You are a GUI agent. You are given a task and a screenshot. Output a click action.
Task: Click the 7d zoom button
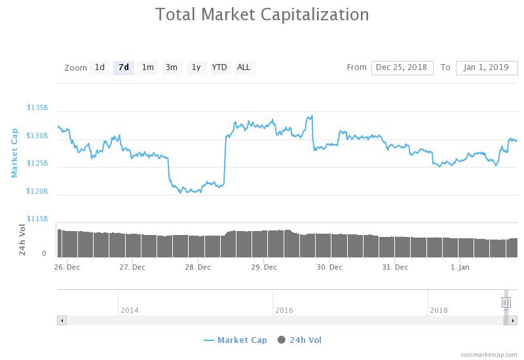(124, 68)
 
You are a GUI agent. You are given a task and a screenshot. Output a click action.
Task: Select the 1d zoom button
(100, 68)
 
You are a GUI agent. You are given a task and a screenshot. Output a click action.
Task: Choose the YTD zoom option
(219, 68)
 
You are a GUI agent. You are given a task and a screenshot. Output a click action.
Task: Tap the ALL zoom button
(244, 68)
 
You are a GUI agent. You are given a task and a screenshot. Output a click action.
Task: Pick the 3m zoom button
(172, 68)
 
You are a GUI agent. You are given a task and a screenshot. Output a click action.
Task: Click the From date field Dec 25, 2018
(402, 68)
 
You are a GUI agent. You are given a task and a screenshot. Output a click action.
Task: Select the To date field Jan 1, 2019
(487, 68)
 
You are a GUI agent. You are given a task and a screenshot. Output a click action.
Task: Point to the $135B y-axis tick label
(37, 107)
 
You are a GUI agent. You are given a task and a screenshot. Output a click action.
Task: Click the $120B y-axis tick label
(37, 191)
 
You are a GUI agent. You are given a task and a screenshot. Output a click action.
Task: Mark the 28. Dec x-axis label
(198, 267)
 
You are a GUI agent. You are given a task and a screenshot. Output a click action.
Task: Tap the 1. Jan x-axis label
(460, 267)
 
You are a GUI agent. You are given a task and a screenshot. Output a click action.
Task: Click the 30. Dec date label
(329, 267)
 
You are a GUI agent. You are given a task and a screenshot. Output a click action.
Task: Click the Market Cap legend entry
(236, 340)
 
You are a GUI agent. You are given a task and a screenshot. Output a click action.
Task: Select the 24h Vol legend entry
(299, 340)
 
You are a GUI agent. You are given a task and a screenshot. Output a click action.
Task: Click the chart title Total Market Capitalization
(263, 14)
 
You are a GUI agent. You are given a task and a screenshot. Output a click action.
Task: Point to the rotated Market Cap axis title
(14, 153)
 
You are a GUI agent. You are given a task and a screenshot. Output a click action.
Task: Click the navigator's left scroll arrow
(62, 321)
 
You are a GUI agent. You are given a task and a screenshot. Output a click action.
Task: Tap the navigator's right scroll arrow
(513, 321)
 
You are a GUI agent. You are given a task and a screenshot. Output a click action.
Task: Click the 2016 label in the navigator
(284, 310)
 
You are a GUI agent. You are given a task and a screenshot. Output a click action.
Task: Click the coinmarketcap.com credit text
(489, 355)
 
